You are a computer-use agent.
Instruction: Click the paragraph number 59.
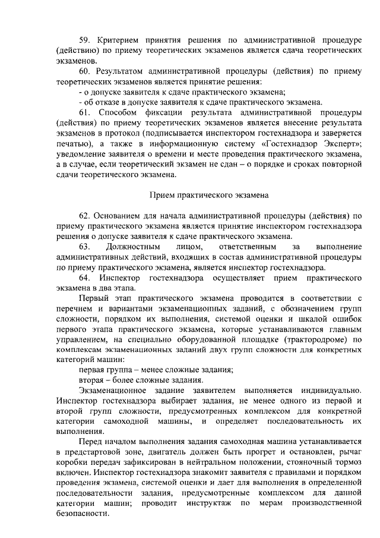[x=84, y=40]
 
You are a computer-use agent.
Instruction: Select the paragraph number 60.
[x=84, y=71]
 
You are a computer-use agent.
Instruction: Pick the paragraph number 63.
[x=84, y=246]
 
